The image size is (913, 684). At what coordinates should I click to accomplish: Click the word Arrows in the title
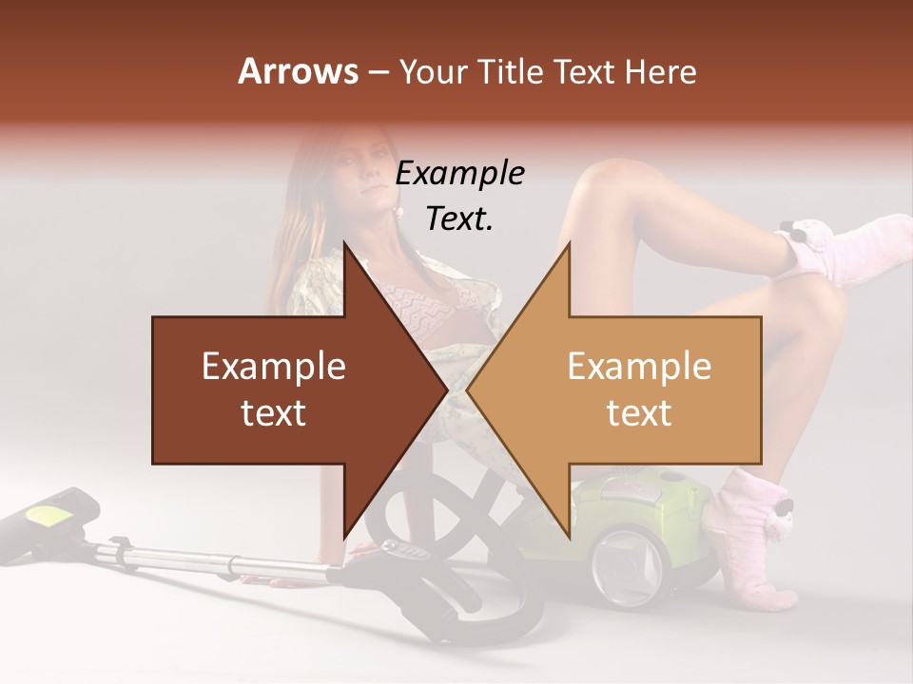click(298, 71)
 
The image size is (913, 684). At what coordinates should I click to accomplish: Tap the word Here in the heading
click(660, 71)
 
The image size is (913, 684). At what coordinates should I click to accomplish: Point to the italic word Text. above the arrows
click(459, 218)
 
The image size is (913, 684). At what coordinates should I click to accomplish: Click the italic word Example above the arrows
click(459, 173)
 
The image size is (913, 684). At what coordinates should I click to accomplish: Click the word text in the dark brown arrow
click(274, 413)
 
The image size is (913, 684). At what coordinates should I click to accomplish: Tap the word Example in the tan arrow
click(639, 366)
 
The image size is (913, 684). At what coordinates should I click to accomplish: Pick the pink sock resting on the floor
click(756, 541)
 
